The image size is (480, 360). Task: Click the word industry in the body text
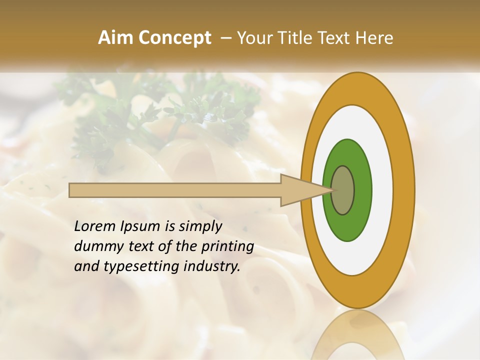(x=211, y=266)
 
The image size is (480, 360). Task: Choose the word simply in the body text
(x=200, y=227)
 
